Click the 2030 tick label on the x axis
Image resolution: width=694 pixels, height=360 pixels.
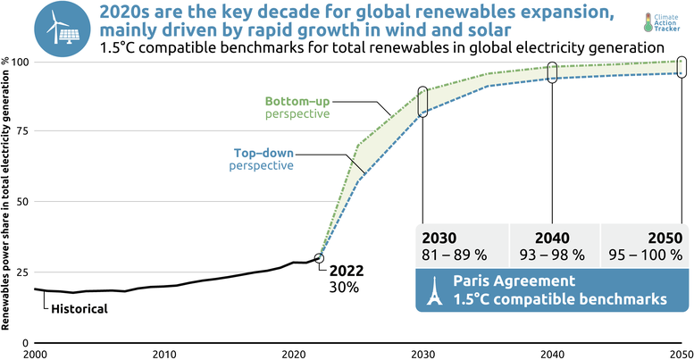422,353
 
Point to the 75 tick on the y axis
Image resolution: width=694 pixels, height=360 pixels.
21,131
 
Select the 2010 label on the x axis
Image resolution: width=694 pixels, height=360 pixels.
163,353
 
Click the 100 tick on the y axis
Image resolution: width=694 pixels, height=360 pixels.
17,62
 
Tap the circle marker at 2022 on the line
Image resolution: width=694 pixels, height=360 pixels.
320,258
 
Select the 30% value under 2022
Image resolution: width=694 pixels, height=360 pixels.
344,288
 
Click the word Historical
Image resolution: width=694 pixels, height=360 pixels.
78,308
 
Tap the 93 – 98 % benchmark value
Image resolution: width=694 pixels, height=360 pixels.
552,255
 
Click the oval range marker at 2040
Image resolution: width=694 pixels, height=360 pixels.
552,73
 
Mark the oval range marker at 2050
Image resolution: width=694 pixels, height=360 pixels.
682,67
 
